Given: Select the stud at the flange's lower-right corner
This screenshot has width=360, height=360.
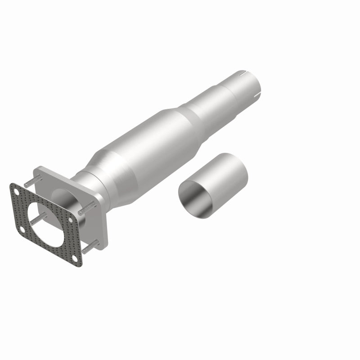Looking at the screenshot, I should pos(90,245).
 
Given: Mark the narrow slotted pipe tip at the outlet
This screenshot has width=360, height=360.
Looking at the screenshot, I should pos(243,83).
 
